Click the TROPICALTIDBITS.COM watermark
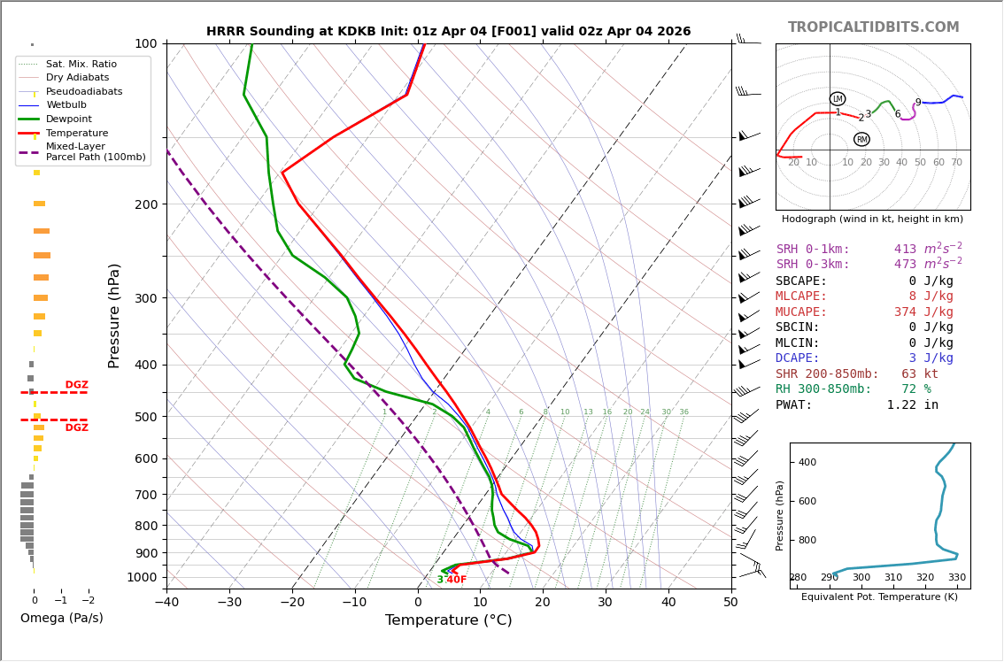pyautogui.click(x=873, y=27)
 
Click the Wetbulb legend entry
pyautogui.click(x=66, y=105)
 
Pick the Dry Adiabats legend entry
pyautogui.click(x=77, y=78)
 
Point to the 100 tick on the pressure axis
pyautogui.click(x=145, y=43)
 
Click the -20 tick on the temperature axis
pyautogui.click(x=292, y=604)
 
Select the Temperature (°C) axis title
pyautogui.click(x=448, y=620)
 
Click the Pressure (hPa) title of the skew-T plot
pyautogui.click(x=114, y=315)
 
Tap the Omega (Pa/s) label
pyautogui.click(x=61, y=619)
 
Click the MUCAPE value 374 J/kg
pyautogui.click(x=923, y=312)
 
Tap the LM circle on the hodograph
pyautogui.click(x=838, y=99)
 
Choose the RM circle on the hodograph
pyautogui.click(x=861, y=139)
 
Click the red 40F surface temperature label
pyautogui.click(x=456, y=580)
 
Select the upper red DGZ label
pyautogui.click(x=76, y=385)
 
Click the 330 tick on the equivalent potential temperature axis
pyautogui.click(x=957, y=578)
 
